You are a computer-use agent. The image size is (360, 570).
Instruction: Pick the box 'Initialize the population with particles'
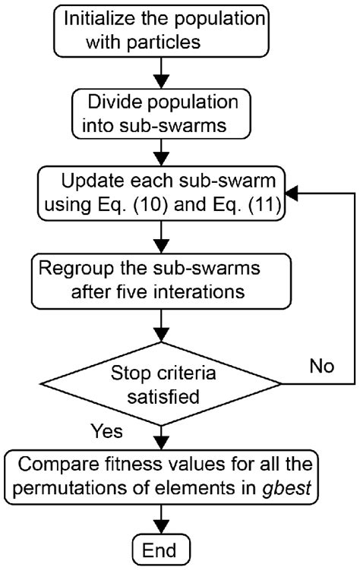pyautogui.click(x=161, y=31)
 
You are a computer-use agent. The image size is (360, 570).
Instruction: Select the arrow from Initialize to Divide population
pyautogui.click(x=161, y=73)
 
